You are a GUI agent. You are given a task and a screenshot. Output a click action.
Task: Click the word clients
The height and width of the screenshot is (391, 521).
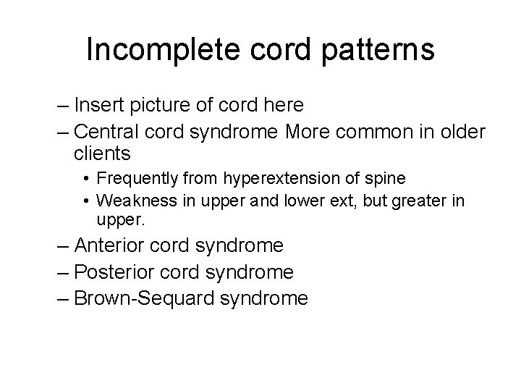click(x=102, y=154)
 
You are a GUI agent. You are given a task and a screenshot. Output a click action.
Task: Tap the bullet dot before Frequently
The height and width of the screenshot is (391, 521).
click(x=86, y=179)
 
